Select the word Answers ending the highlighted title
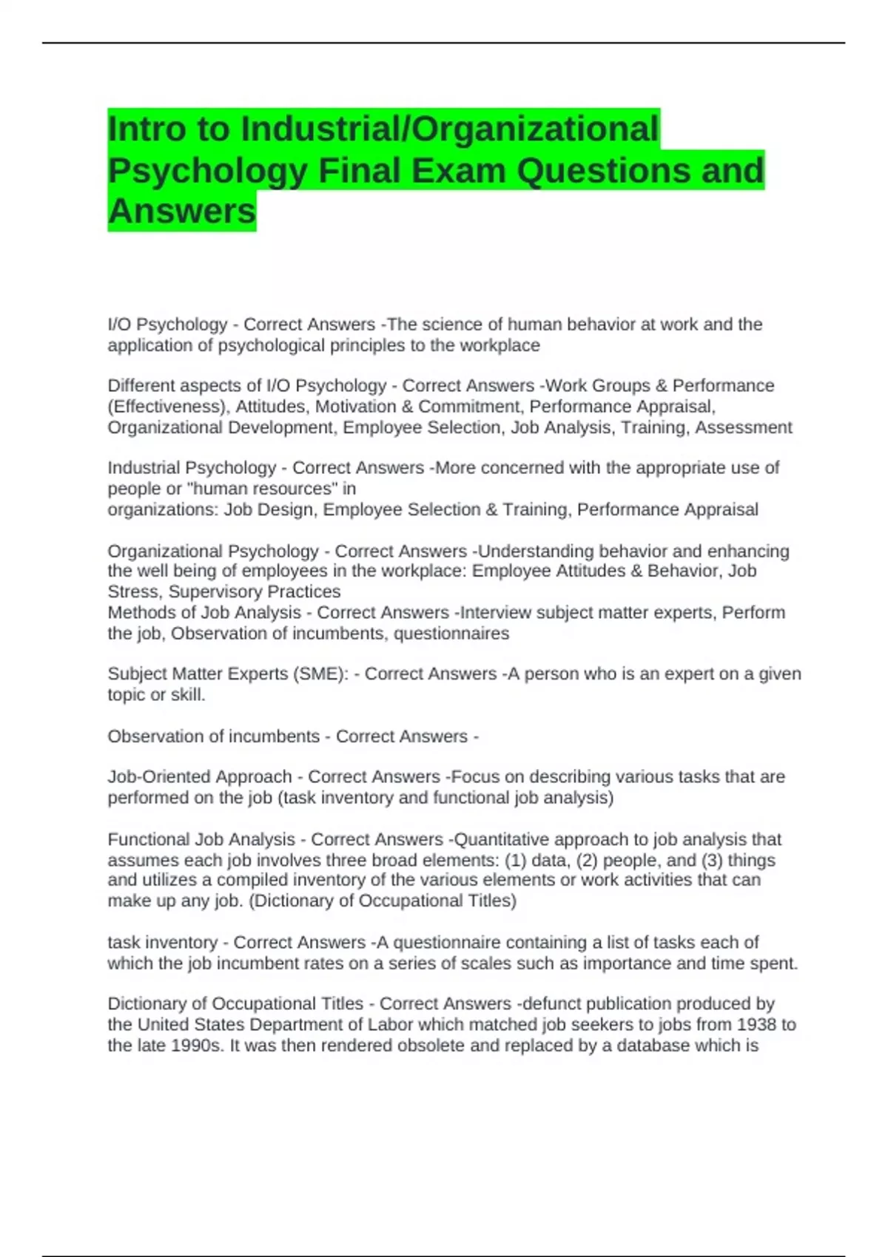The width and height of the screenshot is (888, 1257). tap(182, 211)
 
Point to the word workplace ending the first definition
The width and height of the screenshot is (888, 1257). tap(499, 345)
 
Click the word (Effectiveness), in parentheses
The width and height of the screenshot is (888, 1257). tap(169, 407)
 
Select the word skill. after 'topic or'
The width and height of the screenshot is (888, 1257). tap(189, 695)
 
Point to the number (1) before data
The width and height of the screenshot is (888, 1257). tap(516, 860)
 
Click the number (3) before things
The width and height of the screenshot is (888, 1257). tap(713, 860)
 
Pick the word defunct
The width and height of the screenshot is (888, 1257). tap(551, 1003)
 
